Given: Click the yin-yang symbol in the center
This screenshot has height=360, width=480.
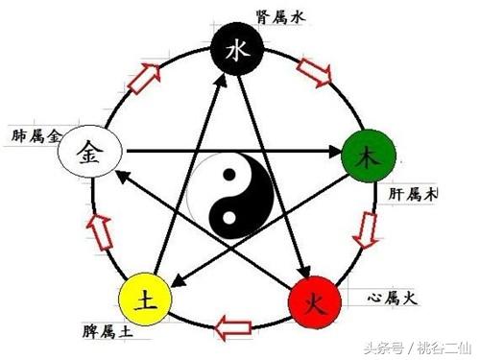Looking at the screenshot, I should pyautogui.click(x=229, y=197).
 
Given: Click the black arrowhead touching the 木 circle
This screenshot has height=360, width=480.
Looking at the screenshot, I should pyautogui.click(x=338, y=151).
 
